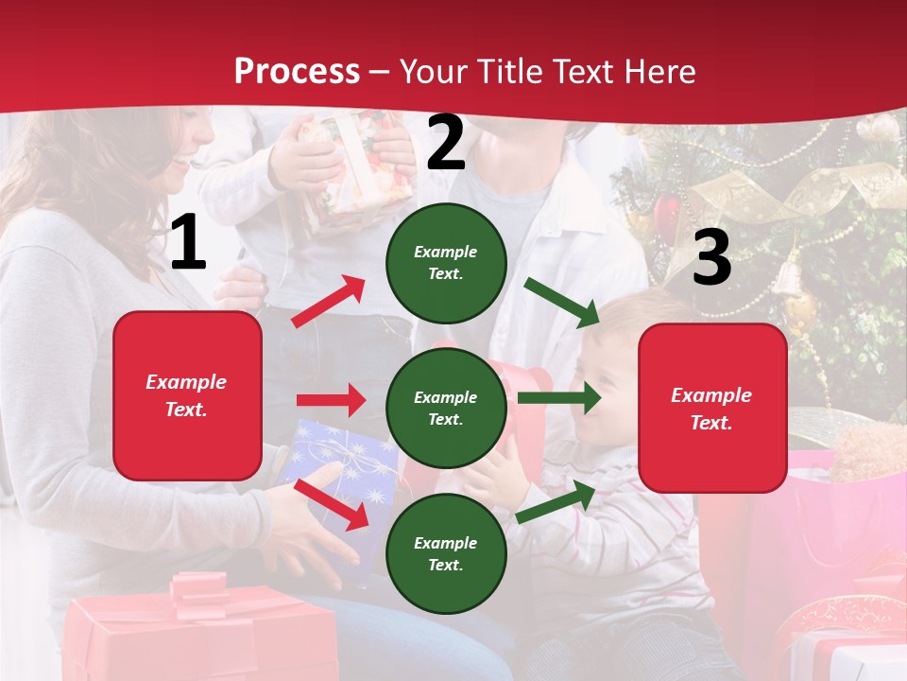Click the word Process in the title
coord(297,71)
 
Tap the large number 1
coord(188,244)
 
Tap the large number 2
coord(446,144)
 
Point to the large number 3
coord(711,258)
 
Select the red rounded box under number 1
coord(187,395)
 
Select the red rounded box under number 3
coord(712,409)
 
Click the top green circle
coord(446,263)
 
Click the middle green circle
coord(446,409)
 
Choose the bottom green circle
coord(446,554)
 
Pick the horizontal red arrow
coord(331,400)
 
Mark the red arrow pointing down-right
coord(332,504)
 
